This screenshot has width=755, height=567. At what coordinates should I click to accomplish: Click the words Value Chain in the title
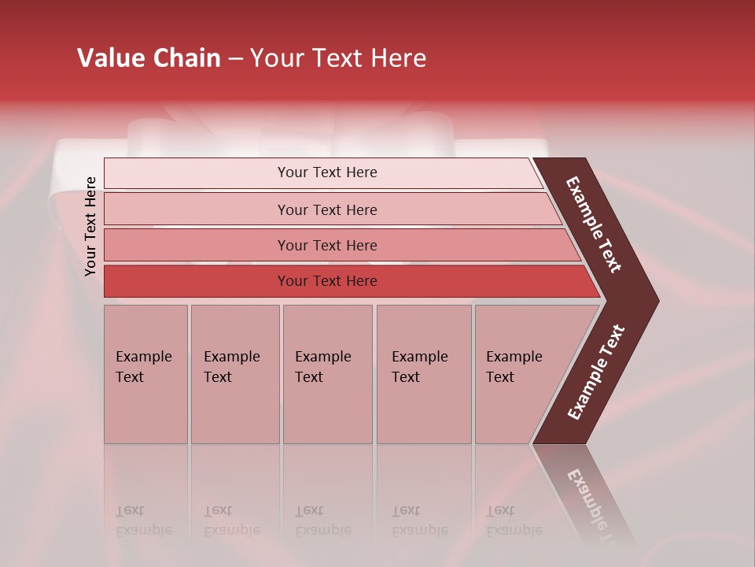tap(149, 58)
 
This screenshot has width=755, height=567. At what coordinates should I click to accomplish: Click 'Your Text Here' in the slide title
tap(337, 58)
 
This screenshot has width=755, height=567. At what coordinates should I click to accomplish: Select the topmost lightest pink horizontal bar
tap(197, 173)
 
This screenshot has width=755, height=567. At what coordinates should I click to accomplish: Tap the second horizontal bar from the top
tap(197, 209)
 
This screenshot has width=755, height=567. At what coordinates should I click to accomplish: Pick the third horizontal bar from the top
tap(197, 246)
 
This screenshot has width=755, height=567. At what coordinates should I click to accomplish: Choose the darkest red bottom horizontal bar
tap(197, 281)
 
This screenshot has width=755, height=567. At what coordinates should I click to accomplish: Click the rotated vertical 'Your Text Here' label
tap(90, 226)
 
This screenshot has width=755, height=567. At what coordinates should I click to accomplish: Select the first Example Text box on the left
tap(145, 374)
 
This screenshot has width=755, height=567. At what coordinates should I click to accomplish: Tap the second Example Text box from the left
tap(234, 374)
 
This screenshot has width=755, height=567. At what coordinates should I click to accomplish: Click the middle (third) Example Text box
tap(327, 374)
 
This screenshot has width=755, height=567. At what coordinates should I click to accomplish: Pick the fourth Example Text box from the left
tap(424, 374)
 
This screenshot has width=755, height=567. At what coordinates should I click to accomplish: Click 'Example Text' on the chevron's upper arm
tap(594, 224)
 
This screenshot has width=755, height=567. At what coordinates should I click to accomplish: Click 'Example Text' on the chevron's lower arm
tap(596, 372)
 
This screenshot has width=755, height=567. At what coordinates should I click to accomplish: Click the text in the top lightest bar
tap(327, 172)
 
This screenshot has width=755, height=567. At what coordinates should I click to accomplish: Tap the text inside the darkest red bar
tap(327, 281)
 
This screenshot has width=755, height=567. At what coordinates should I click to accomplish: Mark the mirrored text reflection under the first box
tap(143, 521)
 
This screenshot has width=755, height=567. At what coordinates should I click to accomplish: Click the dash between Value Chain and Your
tap(235, 59)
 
